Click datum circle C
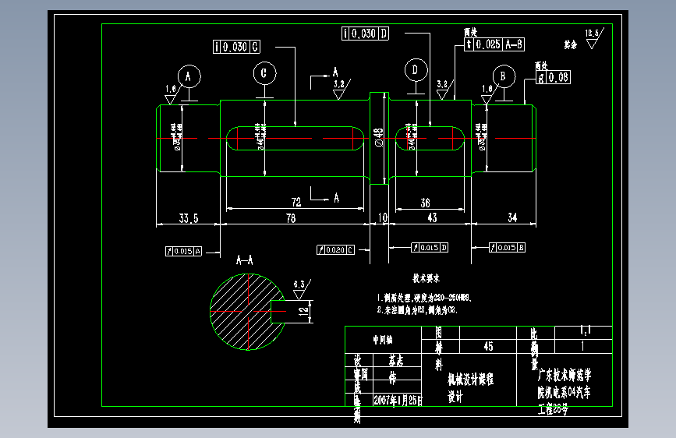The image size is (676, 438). coord(264,74)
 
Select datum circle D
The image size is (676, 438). coord(416,70)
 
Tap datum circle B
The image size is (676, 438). coord(504,76)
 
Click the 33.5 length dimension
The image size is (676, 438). coord(188,219)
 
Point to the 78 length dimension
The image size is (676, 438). coord(290,219)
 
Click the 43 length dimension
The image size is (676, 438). coord(431,219)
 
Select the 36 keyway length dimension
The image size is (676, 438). coord(425,203)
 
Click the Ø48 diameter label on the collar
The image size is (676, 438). coord(378,137)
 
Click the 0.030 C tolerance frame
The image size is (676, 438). coord(236,47)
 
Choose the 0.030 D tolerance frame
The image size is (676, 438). coord(365,33)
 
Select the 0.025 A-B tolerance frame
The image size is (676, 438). coord(494,44)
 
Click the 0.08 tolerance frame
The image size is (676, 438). coord(554,77)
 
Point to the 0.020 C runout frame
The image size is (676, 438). coord(336,250)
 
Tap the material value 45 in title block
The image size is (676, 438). coord(489,346)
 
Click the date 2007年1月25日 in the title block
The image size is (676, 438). coord(397,400)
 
